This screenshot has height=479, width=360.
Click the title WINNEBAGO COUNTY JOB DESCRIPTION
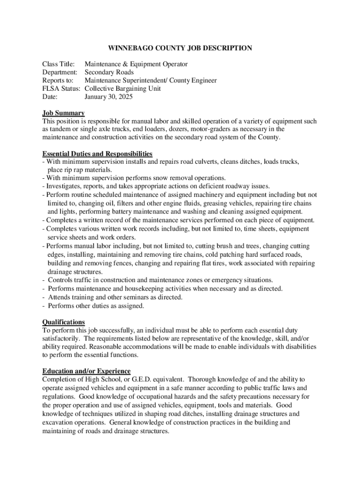tap(180, 48)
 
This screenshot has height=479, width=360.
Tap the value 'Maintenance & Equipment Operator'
tap(136, 64)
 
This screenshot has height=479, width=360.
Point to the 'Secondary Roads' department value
tap(109, 73)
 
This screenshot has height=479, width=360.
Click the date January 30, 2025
tap(108, 97)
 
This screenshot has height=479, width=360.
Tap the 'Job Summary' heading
tap(64, 113)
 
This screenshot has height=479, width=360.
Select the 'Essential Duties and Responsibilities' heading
tap(97, 154)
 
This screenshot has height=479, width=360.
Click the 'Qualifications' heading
tap(64, 322)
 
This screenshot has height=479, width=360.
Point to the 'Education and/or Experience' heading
tap(86, 371)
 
